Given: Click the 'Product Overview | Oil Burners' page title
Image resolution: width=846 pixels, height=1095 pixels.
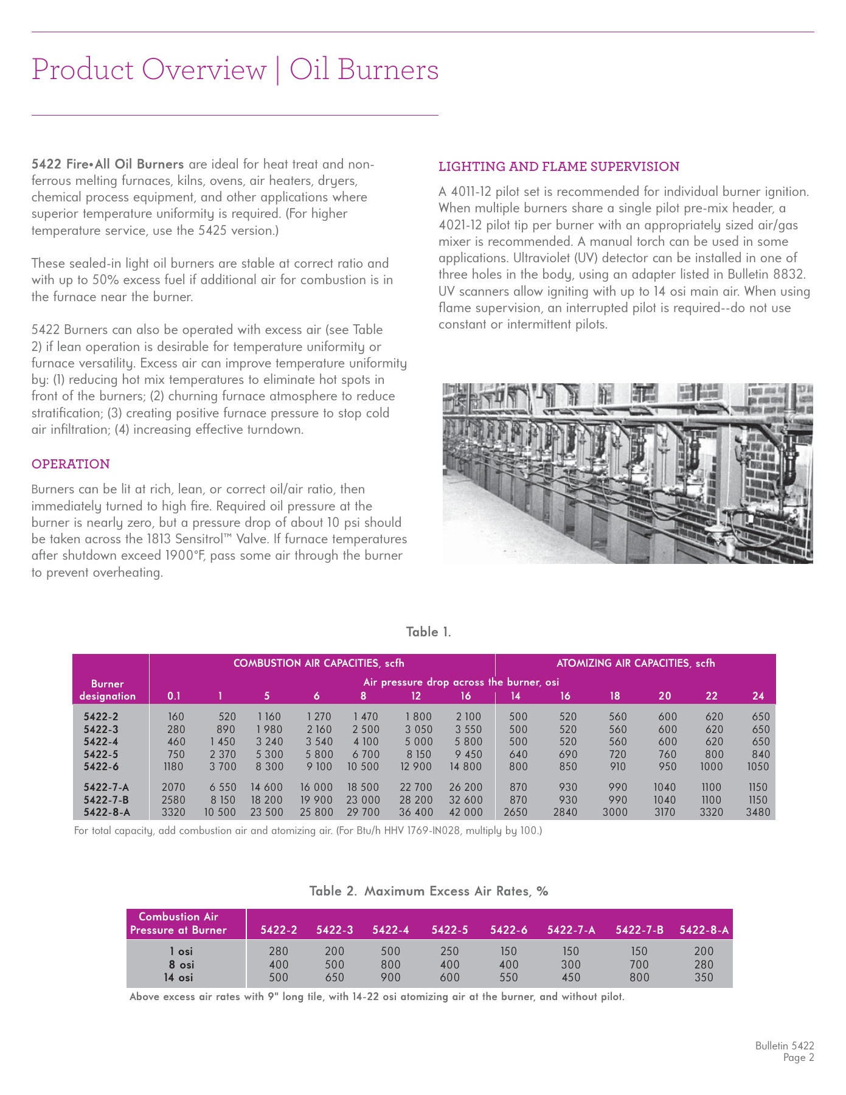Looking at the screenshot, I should coord(235,69).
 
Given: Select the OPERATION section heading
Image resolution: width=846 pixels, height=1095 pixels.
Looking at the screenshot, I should coord(71,464).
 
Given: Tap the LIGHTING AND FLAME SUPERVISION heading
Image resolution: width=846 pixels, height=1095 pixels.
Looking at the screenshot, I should coord(559,167).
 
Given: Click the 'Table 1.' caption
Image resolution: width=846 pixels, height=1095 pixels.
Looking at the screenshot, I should coord(429,632).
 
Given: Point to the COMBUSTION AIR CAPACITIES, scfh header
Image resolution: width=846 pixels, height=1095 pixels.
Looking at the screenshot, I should coord(319,663).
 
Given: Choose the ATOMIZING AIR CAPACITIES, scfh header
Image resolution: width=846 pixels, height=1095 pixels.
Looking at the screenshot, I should coord(636,663).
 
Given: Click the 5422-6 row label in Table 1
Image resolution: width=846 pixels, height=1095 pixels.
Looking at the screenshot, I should coord(101,766).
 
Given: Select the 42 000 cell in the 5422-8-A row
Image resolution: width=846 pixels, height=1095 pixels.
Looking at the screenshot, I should coord(465,812).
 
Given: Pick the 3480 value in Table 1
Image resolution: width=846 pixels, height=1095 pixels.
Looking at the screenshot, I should coord(758,812).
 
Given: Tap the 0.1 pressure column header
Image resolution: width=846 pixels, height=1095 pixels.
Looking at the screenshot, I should coord(174,696).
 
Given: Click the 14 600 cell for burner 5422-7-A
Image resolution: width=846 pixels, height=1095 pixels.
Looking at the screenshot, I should coord(266,787).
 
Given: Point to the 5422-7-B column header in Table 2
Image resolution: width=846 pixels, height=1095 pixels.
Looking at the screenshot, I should coord(639,930).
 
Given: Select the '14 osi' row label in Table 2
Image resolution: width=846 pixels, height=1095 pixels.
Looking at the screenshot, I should coord(179,978).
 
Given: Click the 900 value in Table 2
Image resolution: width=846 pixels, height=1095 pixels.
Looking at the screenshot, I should coord(390,978).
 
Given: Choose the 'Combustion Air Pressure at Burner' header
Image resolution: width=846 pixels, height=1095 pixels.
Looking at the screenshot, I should coord(178,923).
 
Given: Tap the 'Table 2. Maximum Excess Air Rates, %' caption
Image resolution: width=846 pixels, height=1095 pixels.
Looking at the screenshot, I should coord(429,891).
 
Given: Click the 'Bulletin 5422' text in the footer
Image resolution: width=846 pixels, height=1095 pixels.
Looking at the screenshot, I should coord(785,1046).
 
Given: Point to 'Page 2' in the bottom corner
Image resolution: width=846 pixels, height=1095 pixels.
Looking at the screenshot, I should coord(799,1058).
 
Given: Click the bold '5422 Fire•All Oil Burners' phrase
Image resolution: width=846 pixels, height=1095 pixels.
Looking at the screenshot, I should coord(108,164).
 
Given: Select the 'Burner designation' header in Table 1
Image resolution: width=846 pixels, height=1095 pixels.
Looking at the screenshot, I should coord(108,690).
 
